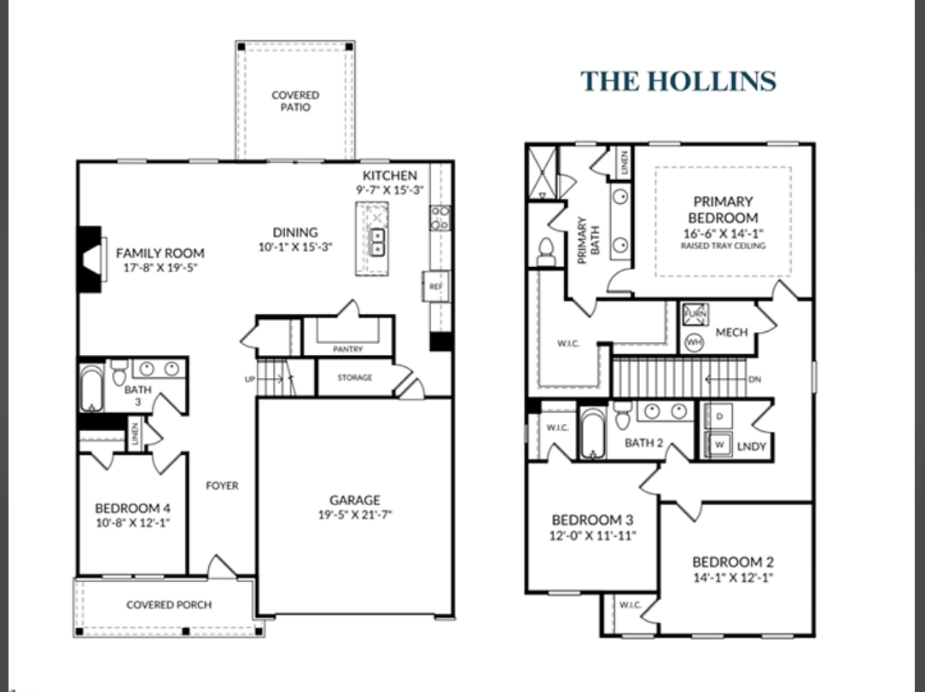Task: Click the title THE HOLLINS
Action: click(x=678, y=81)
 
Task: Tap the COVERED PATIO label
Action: click(x=295, y=102)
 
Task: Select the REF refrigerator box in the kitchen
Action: click(x=435, y=287)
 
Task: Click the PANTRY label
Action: click(x=348, y=349)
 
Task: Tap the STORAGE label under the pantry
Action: click(x=354, y=378)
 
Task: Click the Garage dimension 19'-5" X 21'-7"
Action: click(x=355, y=515)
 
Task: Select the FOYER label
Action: click(x=222, y=486)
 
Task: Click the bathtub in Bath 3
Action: click(x=91, y=389)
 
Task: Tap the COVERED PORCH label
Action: click(x=169, y=605)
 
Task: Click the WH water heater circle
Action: click(x=693, y=342)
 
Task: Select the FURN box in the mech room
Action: click(x=692, y=316)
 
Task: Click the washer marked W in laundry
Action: click(x=718, y=444)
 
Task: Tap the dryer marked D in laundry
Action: click(x=718, y=417)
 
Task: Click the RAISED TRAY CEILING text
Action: click(x=723, y=246)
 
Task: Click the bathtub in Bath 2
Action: click(x=593, y=433)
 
